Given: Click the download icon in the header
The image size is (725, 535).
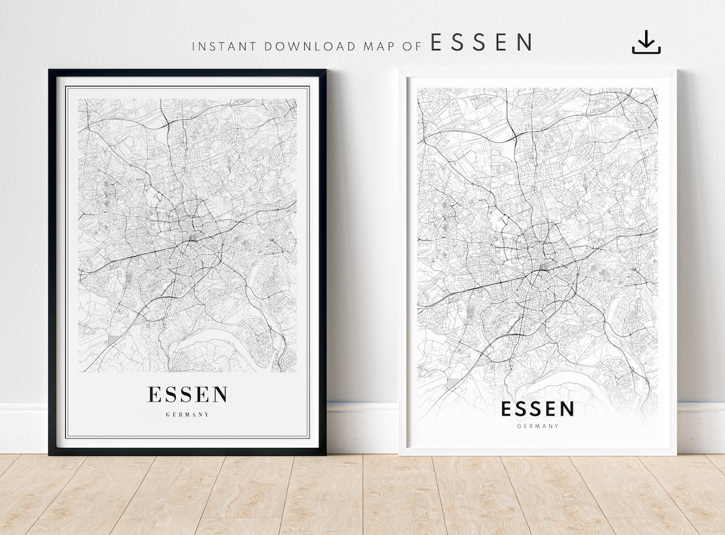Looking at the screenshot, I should [646, 42].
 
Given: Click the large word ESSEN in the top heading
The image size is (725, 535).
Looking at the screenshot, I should [481, 44].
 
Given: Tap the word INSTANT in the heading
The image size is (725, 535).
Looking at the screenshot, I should [224, 46].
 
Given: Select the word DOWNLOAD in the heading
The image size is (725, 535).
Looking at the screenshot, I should [310, 46].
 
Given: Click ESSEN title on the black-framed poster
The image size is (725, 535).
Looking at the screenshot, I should [187, 395].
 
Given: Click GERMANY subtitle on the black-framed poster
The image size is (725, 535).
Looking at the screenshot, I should [187, 415].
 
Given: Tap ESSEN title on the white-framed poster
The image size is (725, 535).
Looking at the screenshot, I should [538, 409].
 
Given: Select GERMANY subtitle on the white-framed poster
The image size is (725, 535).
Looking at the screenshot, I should [538, 426].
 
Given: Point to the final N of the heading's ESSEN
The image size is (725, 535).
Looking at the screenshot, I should [524, 44].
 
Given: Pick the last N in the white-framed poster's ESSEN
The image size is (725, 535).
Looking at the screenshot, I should [567, 409].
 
